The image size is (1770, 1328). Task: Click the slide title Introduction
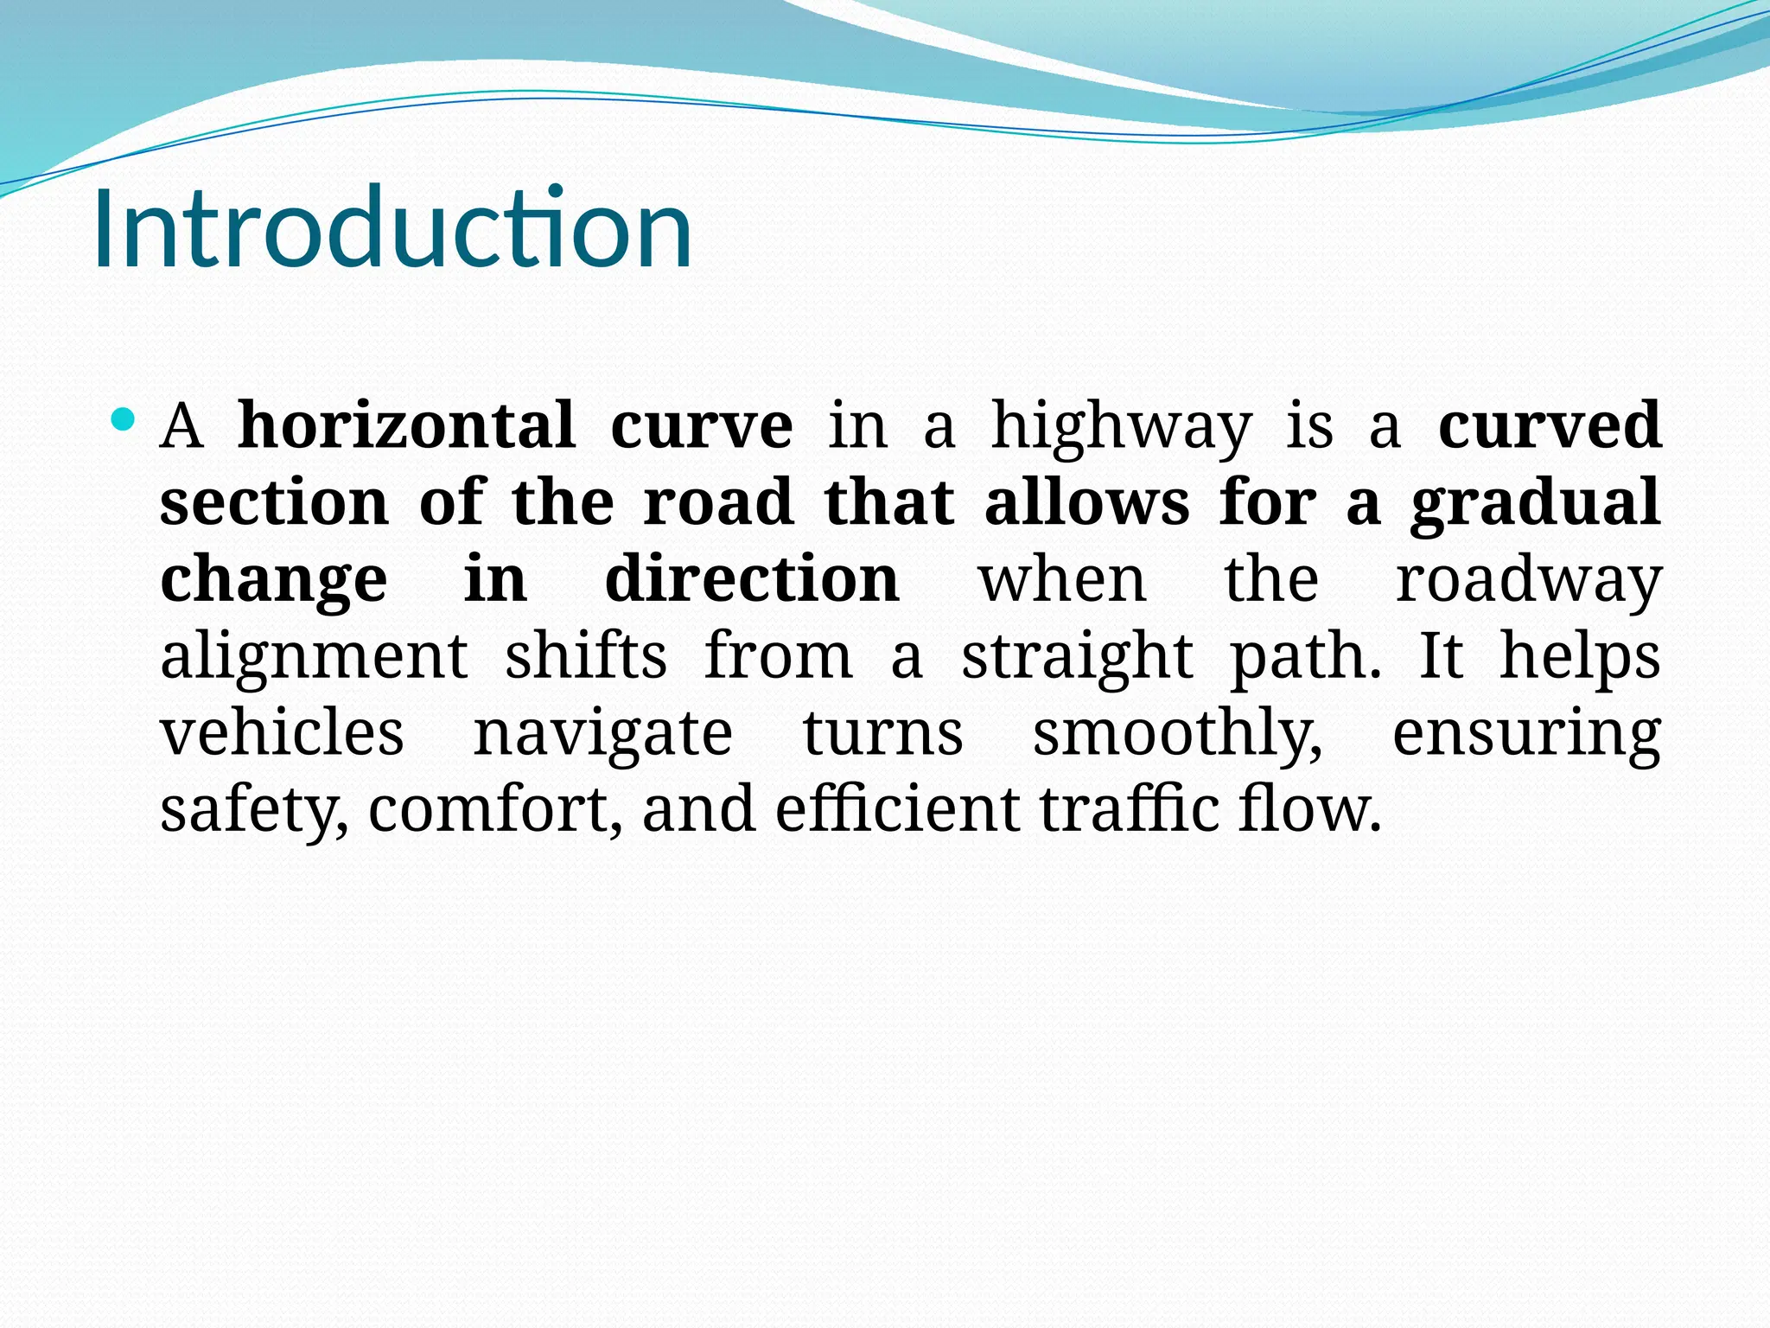pyautogui.click(x=392, y=229)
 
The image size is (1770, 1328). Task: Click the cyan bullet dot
pyautogui.click(x=124, y=421)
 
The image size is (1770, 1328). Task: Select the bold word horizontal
pyautogui.click(x=406, y=425)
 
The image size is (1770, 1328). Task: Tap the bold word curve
pyautogui.click(x=701, y=425)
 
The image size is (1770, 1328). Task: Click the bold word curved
pyautogui.click(x=1550, y=425)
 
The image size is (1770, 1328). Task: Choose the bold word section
pyautogui.click(x=274, y=502)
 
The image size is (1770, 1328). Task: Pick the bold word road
pyautogui.click(x=718, y=502)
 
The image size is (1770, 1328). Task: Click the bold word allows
pyautogui.click(x=1086, y=502)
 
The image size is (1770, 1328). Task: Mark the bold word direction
pyautogui.click(x=752, y=578)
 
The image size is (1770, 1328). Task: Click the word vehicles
pyautogui.click(x=282, y=733)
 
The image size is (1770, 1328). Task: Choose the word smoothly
pyautogui.click(x=1177, y=733)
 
